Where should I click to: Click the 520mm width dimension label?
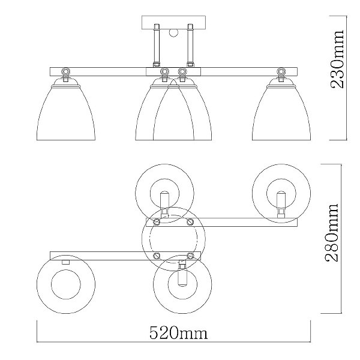[179, 333]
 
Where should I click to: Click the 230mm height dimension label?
[337, 59]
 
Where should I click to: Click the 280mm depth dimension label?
[332, 232]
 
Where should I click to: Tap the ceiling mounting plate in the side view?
[173, 23]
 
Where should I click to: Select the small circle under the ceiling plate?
[173, 33]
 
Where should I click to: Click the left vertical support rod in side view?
[157, 45]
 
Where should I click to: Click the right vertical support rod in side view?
[190, 45]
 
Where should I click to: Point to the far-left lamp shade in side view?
[66, 109]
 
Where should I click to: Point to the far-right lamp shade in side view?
[281, 109]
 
